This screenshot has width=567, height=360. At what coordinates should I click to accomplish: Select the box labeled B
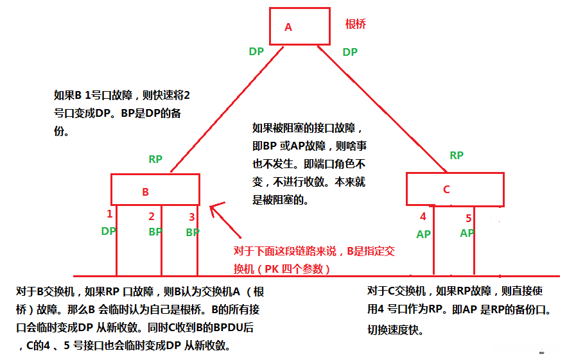pyautogui.click(x=155, y=191)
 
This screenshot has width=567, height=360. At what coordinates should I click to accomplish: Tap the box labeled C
pyautogui.click(x=454, y=189)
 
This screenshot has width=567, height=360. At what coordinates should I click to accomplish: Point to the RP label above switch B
pyautogui.click(x=155, y=159)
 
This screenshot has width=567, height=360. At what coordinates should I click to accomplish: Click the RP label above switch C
pyautogui.click(x=457, y=155)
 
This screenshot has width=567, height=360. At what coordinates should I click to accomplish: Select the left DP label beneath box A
pyautogui.click(x=256, y=51)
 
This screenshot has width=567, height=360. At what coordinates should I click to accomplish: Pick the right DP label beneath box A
pyautogui.click(x=350, y=52)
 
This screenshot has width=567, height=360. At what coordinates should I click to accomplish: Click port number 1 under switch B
pyautogui.click(x=110, y=214)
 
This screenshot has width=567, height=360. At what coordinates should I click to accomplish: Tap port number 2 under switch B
pyautogui.click(x=152, y=216)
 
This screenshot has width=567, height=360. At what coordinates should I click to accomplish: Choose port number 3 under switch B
pyautogui.click(x=191, y=217)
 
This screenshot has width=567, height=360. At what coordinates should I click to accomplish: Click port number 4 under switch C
pyautogui.click(x=423, y=217)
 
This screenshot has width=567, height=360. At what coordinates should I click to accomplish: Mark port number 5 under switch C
pyautogui.click(x=468, y=218)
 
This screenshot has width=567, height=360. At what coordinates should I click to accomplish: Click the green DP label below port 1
pyautogui.click(x=108, y=231)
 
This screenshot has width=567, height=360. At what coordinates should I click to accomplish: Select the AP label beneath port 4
pyautogui.click(x=423, y=234)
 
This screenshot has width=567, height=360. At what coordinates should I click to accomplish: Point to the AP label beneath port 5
pyautogui.click(x=467, y=233)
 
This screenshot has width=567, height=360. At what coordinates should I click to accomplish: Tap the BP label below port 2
pyautogui.click(x=155, y=232)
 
